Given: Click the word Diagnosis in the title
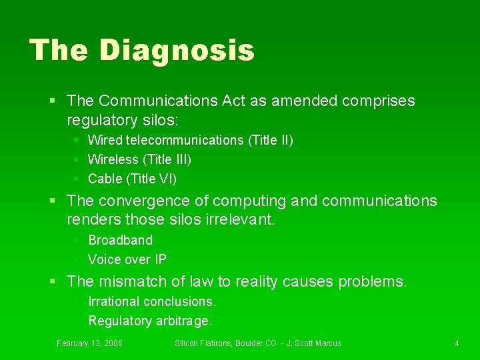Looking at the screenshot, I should tap(177, 50).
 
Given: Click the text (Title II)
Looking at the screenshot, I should tap(270, 140).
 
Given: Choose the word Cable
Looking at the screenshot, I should tap(105, 179).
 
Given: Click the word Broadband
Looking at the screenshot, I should tap(120, 240).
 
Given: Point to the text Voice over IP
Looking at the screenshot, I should tap(127, 259).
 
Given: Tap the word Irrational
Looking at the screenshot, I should tap(113, 301).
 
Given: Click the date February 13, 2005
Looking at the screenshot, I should tap(89, 343).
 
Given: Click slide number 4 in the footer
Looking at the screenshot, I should tap(457, 343).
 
